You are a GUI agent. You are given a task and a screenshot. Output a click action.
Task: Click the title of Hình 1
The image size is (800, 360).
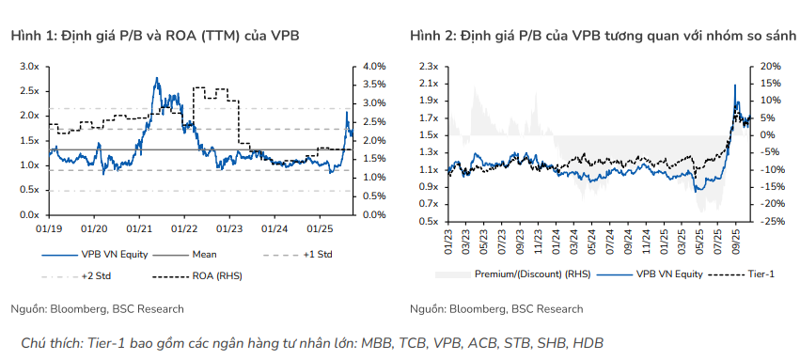pos(156,36)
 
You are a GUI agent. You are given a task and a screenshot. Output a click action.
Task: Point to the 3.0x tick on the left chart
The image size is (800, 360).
pos(29,67)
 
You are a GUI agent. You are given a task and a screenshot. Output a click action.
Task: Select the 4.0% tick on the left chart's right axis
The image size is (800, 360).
pos(373,67)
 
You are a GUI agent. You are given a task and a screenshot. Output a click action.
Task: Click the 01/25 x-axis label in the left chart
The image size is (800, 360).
pos(320,227)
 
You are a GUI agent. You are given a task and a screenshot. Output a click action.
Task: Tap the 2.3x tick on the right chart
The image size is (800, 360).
pos(429,67)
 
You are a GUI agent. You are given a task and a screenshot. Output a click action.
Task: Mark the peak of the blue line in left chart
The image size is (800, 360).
pos(156,79)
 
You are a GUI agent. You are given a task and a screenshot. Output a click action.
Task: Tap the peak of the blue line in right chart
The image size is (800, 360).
pos(734,85)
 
